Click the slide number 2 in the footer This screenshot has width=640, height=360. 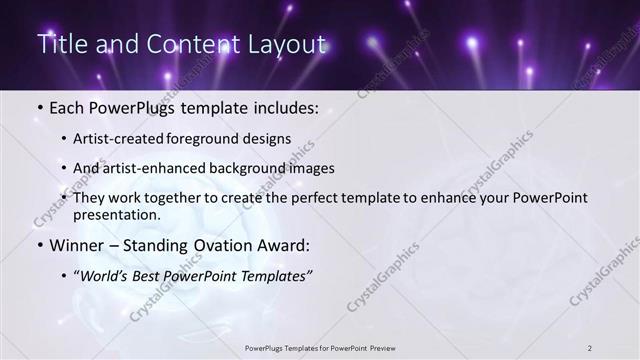pyautogui.click(x=590, y=347)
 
